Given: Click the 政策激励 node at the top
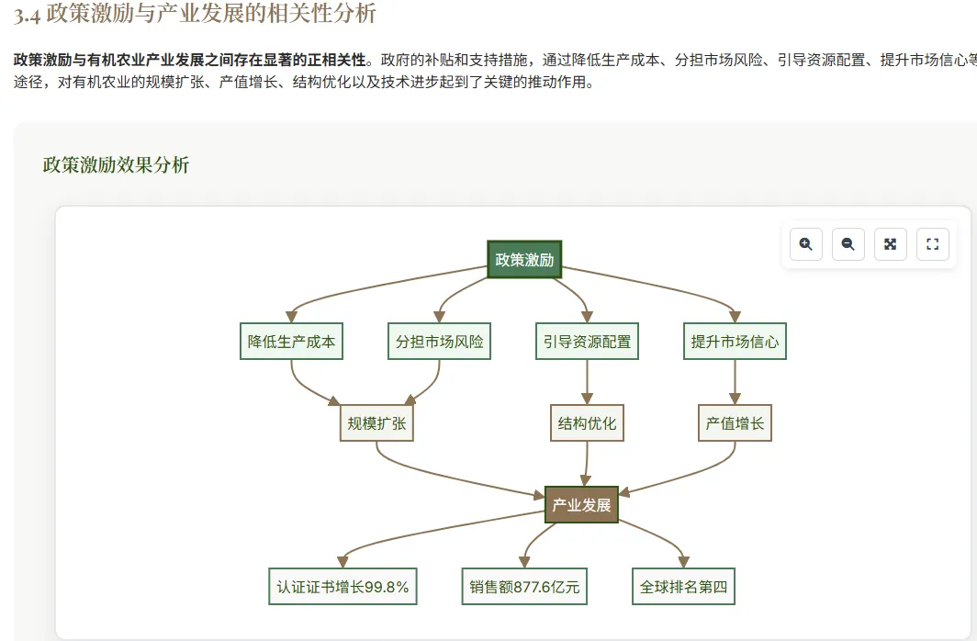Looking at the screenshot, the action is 524,260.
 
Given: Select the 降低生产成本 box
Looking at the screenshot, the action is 291,342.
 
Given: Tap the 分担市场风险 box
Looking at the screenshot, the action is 439,342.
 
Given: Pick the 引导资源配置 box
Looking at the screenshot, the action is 587,342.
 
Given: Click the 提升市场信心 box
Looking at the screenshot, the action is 735,342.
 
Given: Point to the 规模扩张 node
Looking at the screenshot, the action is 376,423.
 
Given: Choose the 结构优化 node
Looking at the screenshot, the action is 587,423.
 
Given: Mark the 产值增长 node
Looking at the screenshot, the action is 735,423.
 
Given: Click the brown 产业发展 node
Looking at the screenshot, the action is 581,505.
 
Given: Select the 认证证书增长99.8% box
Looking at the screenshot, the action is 343,587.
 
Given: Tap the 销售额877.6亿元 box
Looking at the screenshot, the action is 524,587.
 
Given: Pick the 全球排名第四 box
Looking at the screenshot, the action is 683,587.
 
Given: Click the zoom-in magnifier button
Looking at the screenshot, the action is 805,244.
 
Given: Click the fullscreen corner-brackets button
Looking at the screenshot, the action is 932,244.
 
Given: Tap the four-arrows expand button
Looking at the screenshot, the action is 890,244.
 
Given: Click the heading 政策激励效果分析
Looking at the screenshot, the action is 116,165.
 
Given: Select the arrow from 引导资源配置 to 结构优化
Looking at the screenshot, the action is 587,382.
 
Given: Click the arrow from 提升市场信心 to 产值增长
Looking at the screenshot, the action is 735,382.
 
